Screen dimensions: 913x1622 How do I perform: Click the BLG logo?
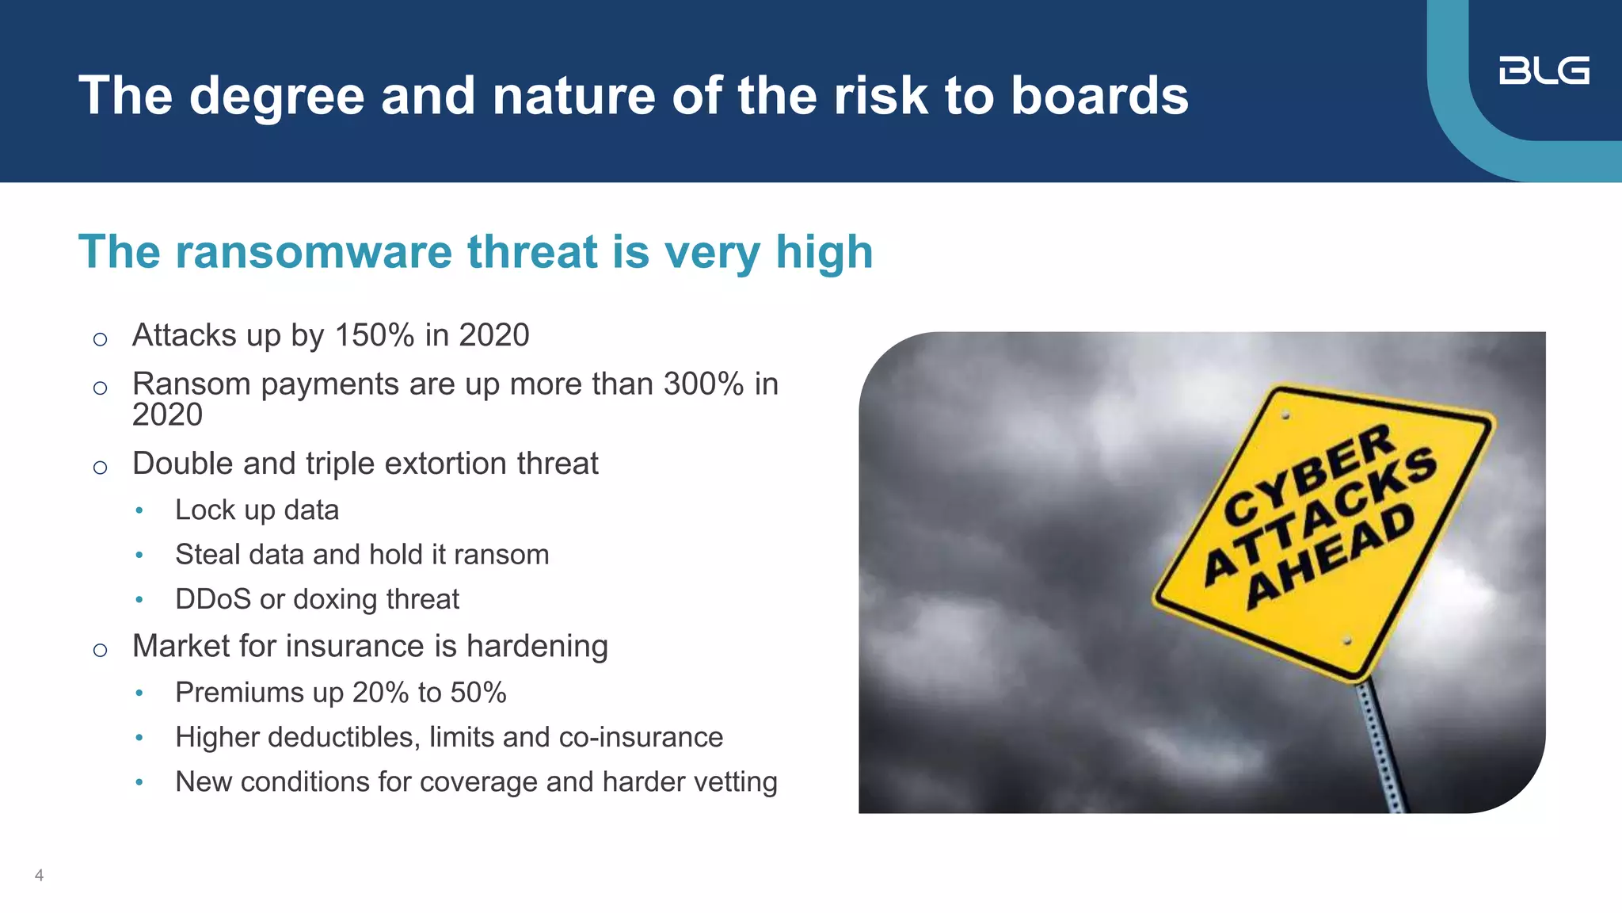tap(1544, 71)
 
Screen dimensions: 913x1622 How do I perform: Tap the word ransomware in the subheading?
tap(314, 252)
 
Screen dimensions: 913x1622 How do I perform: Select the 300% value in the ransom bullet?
tap(703, 384)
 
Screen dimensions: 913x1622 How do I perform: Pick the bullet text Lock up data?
tap(257, 510)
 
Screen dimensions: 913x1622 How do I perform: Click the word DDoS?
tap(212, 599)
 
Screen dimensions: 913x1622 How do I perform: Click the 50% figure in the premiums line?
tap(478, 693)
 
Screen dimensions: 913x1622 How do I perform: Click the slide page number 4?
tap(39, 876)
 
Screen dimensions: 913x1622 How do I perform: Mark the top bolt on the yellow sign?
tap(1285, 415)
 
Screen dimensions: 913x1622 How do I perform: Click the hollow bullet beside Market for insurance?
tap(100, 651)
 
